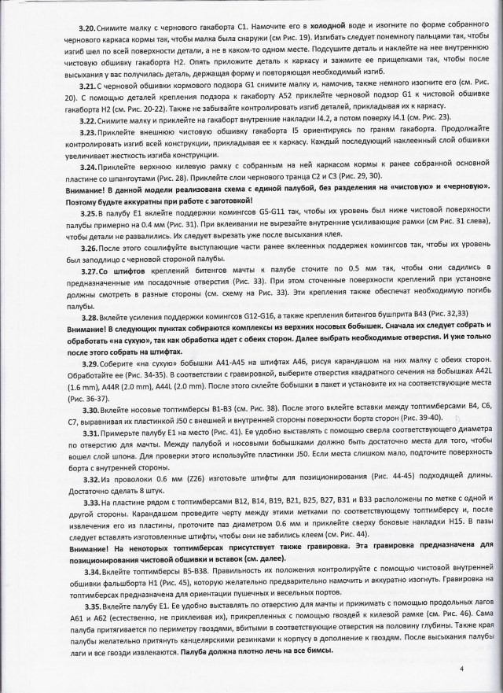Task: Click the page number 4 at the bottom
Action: pos(463,669)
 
